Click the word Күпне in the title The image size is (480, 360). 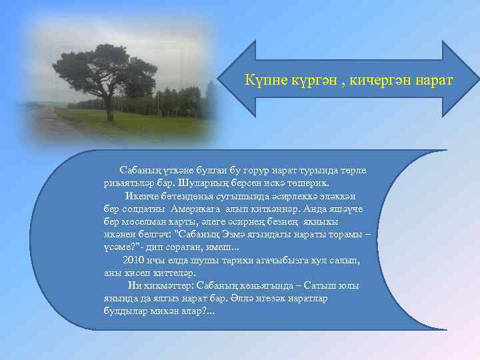pos(261,81)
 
